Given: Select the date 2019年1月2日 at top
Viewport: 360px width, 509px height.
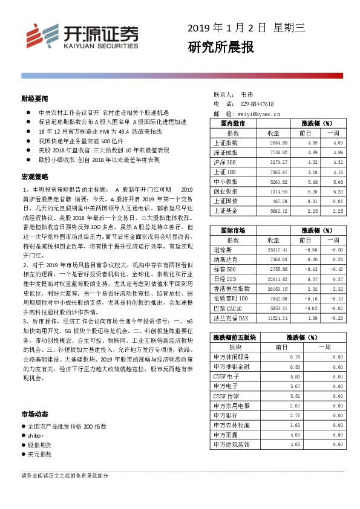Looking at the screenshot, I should [227, 28].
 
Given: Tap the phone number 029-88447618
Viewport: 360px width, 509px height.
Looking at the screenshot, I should [257, 104].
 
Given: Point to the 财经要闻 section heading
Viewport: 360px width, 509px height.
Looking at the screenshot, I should [34, 98].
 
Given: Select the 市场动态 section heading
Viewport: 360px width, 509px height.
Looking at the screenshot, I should [34, 415].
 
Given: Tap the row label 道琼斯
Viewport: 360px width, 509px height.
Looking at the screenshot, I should [223, 250].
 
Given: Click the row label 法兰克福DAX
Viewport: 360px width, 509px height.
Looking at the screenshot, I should [232, 317].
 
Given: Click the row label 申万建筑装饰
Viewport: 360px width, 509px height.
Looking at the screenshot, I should [231, 444].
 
